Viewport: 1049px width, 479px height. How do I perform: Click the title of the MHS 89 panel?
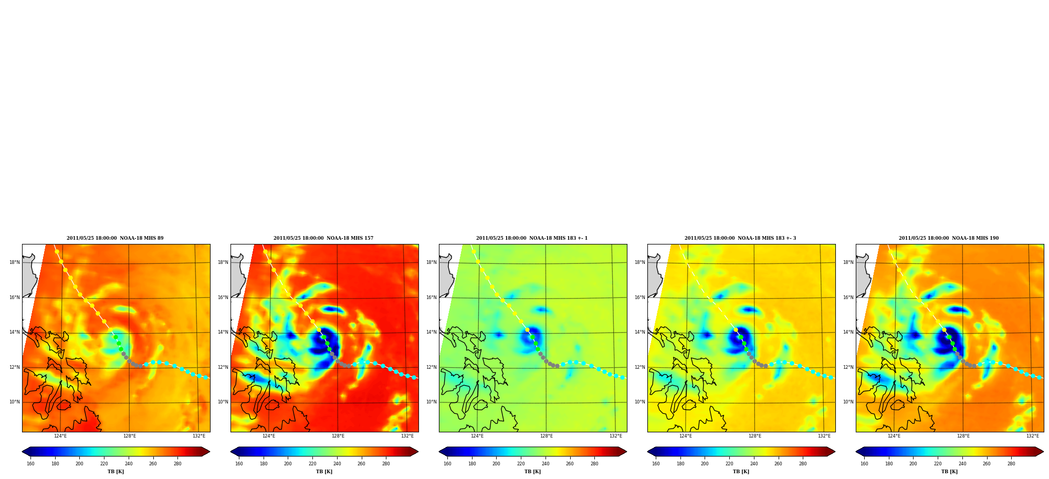(115, 238)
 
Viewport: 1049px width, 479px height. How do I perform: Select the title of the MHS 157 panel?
(323, 238)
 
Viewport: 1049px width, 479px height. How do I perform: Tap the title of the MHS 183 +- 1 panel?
(532, 238)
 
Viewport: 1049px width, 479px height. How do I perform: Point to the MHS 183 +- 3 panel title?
(740, 238)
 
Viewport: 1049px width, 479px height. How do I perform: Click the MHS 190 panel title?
(949, 238)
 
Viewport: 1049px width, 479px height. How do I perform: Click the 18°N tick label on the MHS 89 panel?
(15, 262)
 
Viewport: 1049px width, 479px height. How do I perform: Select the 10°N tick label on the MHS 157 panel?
(223, 402)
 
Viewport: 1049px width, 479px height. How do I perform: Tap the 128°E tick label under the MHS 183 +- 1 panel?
(547, 436)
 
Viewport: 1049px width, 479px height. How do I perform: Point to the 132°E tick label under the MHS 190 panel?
(1033, 436)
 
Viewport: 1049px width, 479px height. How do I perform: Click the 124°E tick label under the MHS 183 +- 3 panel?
(686, 436)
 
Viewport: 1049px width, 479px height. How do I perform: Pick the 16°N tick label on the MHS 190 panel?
(848, 297)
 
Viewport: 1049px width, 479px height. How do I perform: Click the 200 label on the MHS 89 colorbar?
(79, 464)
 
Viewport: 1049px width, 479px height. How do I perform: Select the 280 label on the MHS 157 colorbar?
(386, 464)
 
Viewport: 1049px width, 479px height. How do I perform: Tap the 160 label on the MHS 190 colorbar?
(864, 464)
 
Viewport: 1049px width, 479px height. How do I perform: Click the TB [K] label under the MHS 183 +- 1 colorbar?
(532, 472)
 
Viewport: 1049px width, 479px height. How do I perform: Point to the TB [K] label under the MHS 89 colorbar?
(116, 472)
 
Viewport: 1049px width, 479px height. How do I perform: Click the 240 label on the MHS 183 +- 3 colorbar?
(754, 464)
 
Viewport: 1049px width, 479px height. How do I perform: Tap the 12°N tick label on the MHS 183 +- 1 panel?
(432, 367)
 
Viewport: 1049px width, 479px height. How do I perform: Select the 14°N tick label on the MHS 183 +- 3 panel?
(640, 332)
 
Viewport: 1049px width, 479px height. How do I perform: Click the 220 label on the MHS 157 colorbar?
(312, 464)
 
